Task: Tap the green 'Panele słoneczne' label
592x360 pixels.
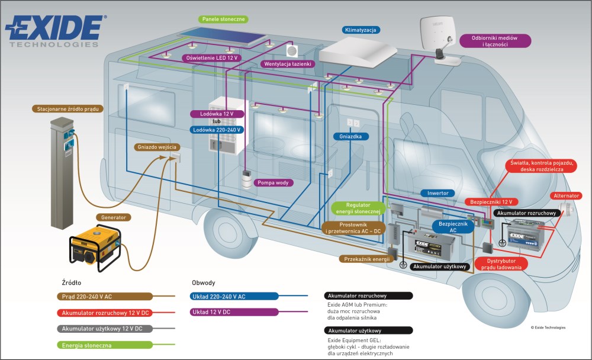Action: click(224, 20)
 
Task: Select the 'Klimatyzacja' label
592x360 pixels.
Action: click(361, 30)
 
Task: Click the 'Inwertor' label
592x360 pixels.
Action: click(439, 193)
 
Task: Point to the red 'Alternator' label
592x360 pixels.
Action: click(565, 196)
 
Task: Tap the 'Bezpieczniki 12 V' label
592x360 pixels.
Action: click(491, 202)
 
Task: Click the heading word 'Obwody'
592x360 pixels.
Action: click(204, 282)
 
